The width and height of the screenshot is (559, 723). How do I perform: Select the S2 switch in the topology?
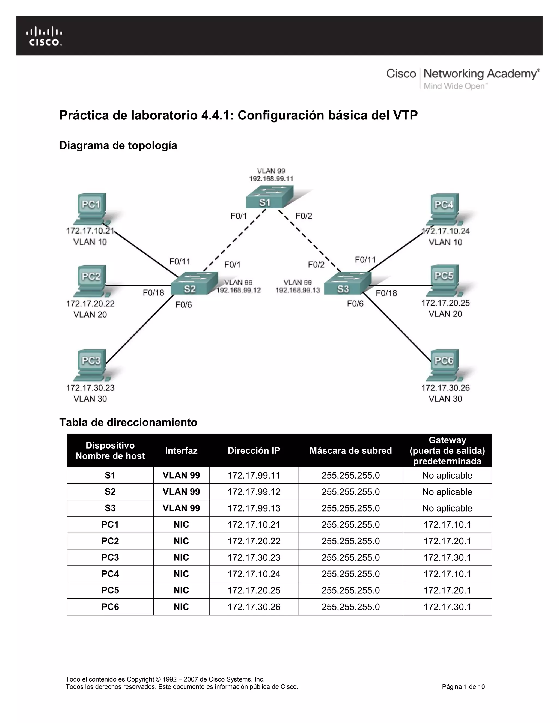click(194, 284)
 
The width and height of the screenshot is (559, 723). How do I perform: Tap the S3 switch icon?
click(347, 284)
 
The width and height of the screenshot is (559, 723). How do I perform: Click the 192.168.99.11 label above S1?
click(271, 179)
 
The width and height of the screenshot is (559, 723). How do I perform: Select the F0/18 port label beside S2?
click(153, 293)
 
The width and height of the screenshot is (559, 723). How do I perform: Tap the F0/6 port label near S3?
click(355, 304)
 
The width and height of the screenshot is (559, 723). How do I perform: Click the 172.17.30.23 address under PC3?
click(90, 388)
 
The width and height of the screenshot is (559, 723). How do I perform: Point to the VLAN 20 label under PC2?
click(90, 315)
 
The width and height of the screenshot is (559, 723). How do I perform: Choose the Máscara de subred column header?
click(350, 450)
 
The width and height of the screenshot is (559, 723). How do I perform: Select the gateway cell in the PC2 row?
click(447, 541)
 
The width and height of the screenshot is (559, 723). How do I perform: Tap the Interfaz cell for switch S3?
click(181, 508)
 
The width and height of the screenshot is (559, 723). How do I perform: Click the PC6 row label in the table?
click(110, 607)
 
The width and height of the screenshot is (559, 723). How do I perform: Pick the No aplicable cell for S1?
click(447, 475)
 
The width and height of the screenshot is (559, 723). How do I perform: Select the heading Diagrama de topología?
click(118, 145)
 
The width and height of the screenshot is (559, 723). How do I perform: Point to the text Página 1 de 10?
click(463, 687)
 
